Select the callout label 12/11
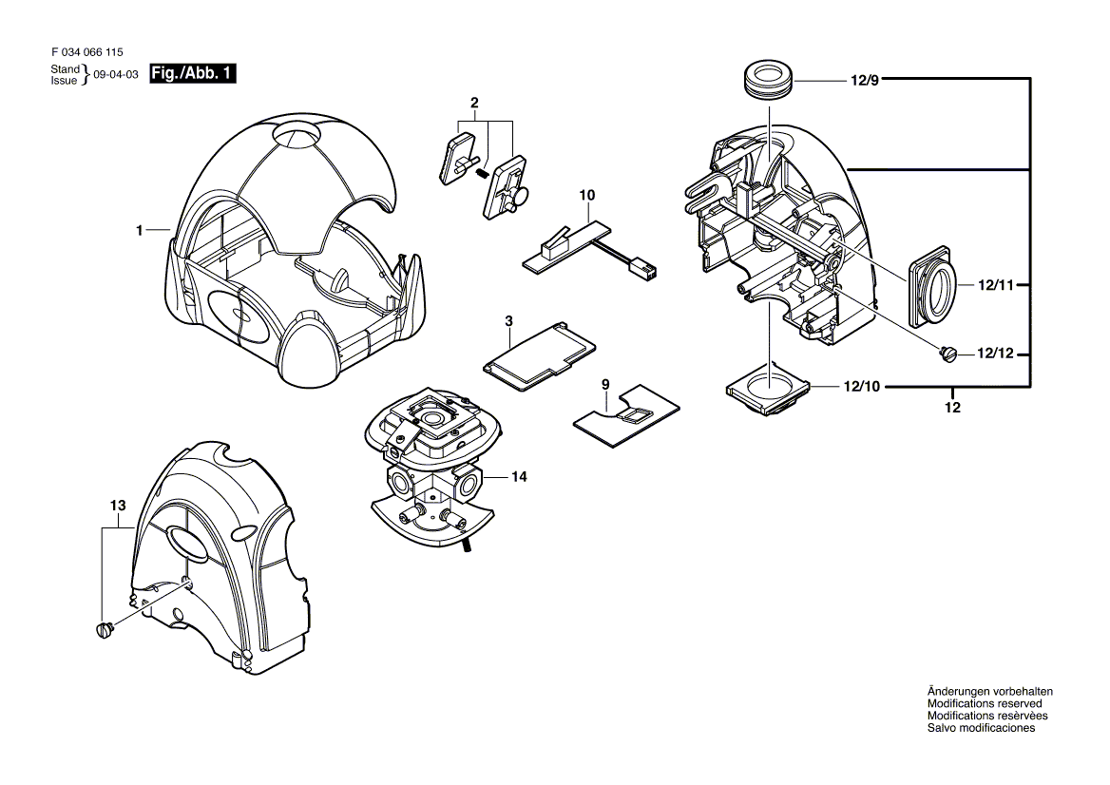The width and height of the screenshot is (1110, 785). point(993,284)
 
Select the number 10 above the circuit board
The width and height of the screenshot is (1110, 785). point(587,195)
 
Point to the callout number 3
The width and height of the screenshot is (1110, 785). point(509,322)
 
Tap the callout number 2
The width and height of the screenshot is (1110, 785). point(474,103)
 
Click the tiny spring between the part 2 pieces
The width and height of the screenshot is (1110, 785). point(483,172)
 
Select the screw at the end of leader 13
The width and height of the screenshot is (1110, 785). point(105,628)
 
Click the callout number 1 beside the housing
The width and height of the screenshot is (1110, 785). point(140,230)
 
